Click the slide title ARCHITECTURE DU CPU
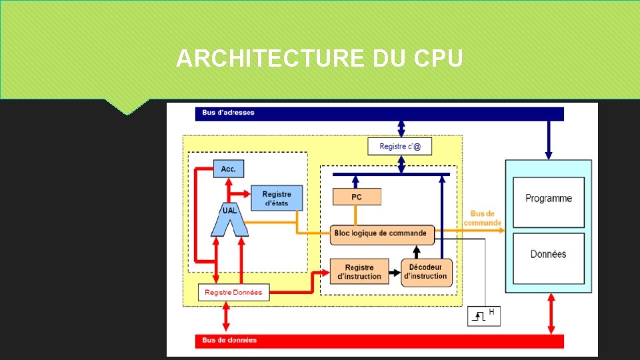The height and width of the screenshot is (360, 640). click(x=319, y=59)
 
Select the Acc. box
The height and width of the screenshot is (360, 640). click(x=228, y=169)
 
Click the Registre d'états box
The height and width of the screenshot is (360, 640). click(x=276, y=198)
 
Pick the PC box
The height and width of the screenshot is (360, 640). click(x=357, y=197)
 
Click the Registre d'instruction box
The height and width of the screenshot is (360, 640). click(x=359, y=271)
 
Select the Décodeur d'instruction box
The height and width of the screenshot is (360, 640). click(x=426, y=272)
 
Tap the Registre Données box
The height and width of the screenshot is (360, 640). click(x=233, y=292)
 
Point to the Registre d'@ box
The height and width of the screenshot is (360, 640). click(x=399, y=146)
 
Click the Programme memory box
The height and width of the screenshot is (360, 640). click(x=548, y=199)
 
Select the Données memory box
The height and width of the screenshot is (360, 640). click(x=548, y=254)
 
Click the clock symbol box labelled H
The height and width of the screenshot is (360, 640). click(x=484, y=315)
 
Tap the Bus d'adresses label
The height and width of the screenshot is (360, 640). click(x=229, y=113)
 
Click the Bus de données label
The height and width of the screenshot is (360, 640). click(x=230, y=340)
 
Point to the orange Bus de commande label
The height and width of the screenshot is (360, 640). click(x=482, y=218)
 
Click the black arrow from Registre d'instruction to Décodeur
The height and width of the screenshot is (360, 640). click(x=395, y=272)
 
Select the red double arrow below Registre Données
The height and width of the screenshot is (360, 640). click(x=226, y=316)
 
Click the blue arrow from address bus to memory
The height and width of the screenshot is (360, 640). click(x=548, y=140)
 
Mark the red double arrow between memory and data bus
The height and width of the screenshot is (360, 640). click(x=551, y=313)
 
